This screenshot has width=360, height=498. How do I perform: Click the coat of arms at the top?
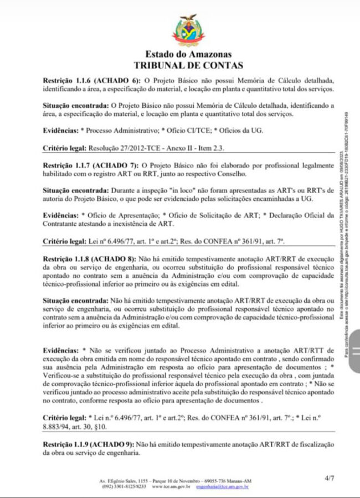(188, 32)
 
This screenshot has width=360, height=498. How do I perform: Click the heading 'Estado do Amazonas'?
(188, 55)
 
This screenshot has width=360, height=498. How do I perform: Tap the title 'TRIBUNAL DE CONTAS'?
(188, 65)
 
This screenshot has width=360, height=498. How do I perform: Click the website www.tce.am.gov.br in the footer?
(171, 487)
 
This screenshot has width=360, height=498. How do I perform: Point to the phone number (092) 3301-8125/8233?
(123, 487)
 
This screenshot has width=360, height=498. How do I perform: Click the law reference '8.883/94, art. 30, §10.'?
(77, 427)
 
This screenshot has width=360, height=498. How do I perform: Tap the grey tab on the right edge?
(353, 349)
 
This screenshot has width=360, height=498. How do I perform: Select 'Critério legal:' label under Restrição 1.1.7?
(64, 242)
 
